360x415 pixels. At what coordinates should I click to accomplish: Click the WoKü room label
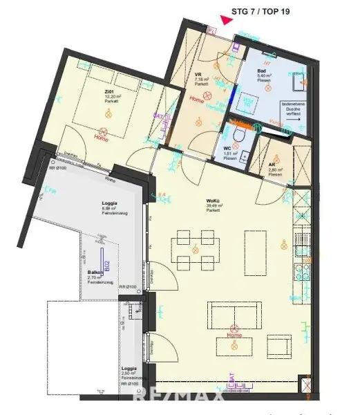tap(213, 203)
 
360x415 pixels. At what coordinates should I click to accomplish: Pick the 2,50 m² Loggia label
tap(129, 369)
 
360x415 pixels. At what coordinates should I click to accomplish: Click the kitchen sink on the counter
tap(302, 241)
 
